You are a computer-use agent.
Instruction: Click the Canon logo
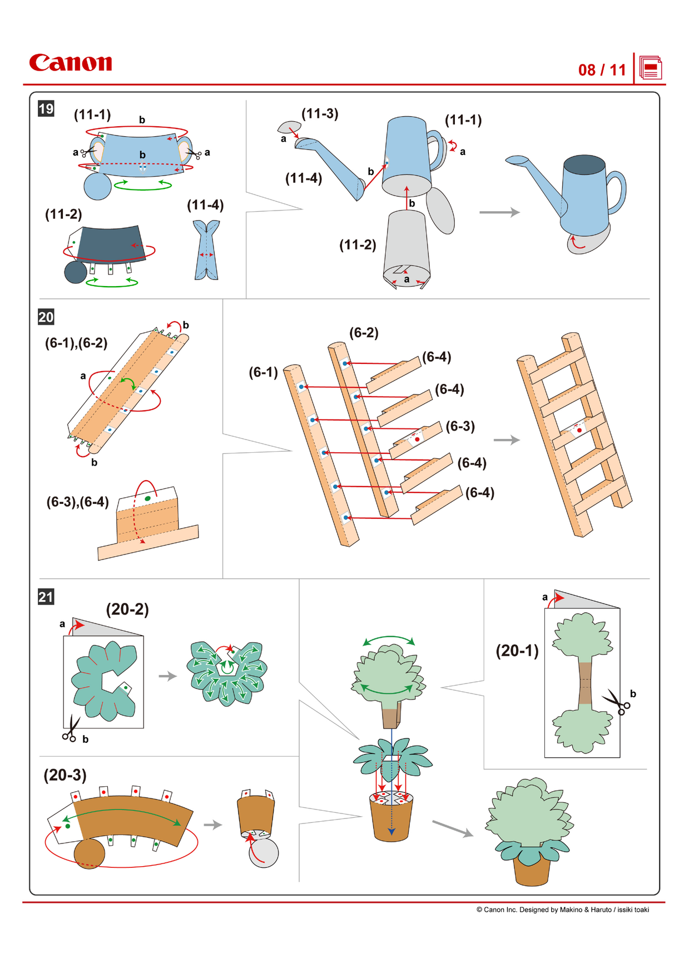(x=71, y=63)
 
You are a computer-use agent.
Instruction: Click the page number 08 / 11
(x=602, y=70)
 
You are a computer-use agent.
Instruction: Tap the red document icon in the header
(x=650, y=68)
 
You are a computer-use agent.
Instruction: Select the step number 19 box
(x=46, y=108)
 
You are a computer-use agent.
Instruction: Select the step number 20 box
(x=46, y=317)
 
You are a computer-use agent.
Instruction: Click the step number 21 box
(x=46, y=597)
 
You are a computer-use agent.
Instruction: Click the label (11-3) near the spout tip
(x=320, y=114)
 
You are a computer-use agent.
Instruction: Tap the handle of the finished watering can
(x=617, y=192)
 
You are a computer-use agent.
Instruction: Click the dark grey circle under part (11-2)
(x=76, y=272)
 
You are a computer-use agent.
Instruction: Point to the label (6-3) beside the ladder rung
(x=460, y=426)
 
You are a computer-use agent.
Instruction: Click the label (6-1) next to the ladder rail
(x=263, y=372)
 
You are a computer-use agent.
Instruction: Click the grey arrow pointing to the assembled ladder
(x=506, y=440)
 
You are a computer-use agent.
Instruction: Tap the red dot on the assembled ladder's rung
(x=579, y=430)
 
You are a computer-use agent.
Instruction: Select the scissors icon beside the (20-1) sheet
(x=617, y=702)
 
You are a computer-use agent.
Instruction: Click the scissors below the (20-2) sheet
(x=71, y=729)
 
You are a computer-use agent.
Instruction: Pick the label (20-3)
(x=65, y=775)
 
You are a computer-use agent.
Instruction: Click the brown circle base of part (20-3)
(x=89, y=853)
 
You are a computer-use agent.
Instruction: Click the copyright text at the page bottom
(x=562, y=910)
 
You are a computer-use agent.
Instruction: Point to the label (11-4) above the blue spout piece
(x=205, y=205)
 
